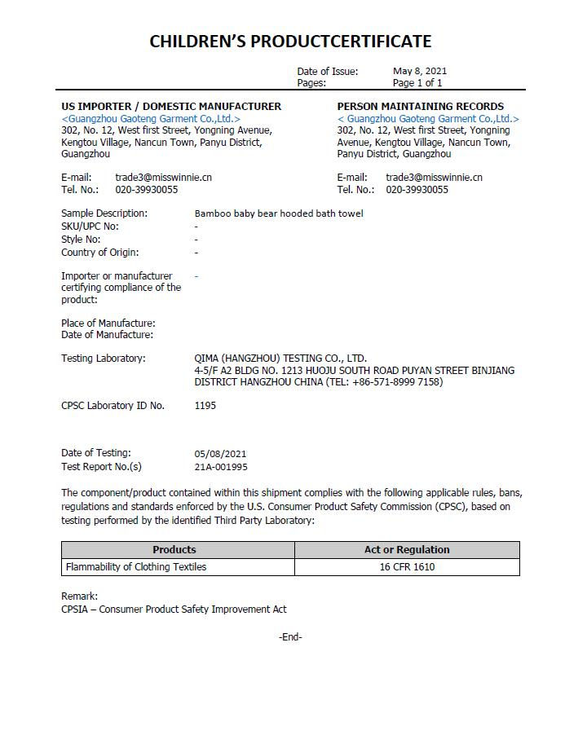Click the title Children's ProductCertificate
coord(290,42)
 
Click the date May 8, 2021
coord(420,71)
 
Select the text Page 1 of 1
coord(417,82)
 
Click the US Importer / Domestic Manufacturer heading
coord(171,106)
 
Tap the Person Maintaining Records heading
coord(421,106)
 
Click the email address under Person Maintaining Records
coord(434,177)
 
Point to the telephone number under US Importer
coord(147,189)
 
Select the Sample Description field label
coord(104,213)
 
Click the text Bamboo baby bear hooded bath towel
coord(279,213)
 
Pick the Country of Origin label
coord(99,252)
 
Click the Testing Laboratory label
coord(104,359)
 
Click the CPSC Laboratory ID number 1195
coord(205,405)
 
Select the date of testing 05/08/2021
coord(220,453)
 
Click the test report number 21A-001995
coord(221,467)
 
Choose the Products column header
coord(174,549)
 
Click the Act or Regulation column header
coord(407,549)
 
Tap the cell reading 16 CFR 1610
coord(407,567)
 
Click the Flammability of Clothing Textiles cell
coord(136,567)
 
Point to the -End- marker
coord(290,637)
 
